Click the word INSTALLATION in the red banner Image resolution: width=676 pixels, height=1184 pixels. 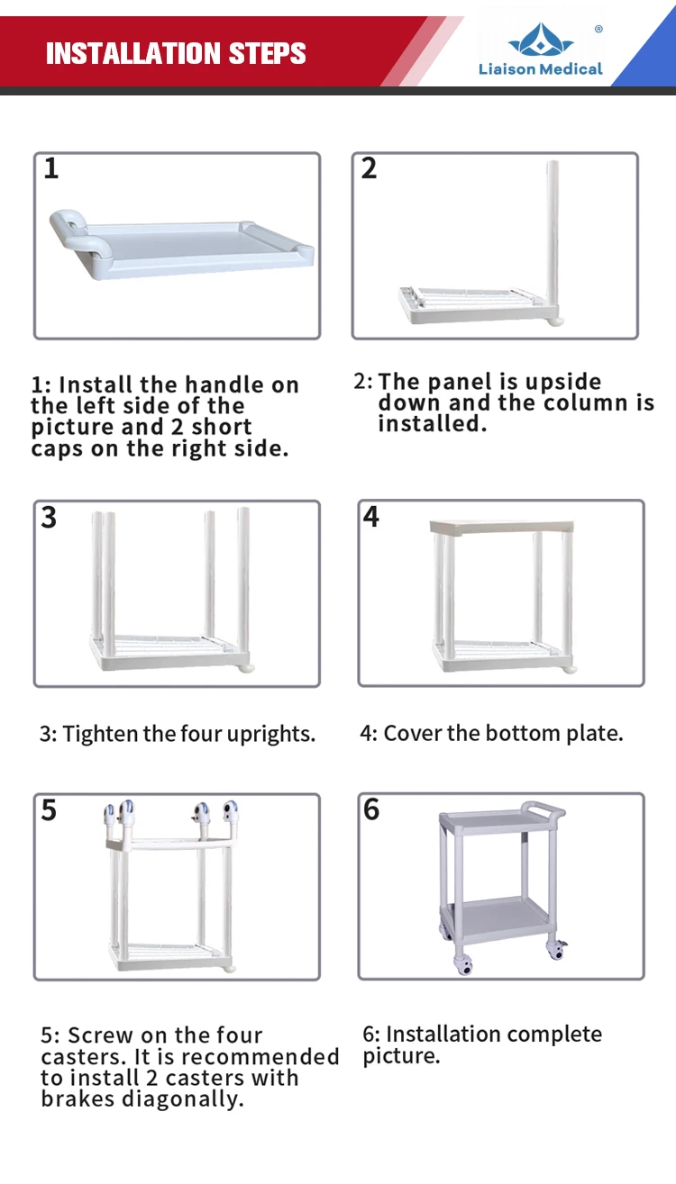tap(132, 53)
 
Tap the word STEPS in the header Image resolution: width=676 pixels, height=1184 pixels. tap(267, 53)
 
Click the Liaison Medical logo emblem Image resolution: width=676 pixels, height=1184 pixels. tap(541, 39)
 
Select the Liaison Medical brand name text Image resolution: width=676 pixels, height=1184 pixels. tap(540, 68)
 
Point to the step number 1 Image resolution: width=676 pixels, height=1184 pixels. tap(51, 168)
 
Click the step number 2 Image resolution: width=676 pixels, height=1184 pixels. tap(369, 168)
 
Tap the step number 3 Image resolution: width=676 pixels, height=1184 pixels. tap(49, 517)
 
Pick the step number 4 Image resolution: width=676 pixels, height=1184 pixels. tap(370, 517)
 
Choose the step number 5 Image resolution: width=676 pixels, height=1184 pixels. tap(49, 810)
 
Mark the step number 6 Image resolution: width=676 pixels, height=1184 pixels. tap(371, 809)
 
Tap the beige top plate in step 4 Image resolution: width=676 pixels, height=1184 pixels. tap(501, 527)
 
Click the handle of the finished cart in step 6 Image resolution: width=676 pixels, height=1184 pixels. tap(543, 811)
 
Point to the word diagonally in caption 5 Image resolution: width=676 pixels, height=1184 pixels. tap(183, 1098)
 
